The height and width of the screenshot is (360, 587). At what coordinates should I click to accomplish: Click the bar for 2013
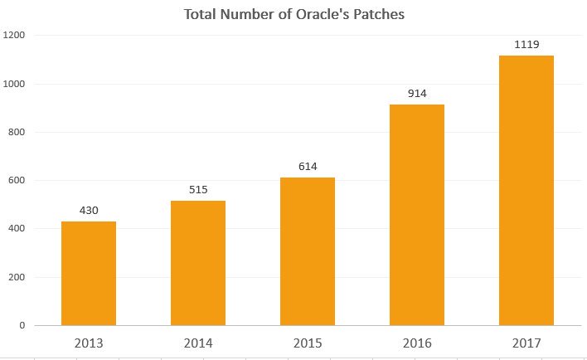(89, 273)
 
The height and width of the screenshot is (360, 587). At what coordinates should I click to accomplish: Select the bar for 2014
(198, 262)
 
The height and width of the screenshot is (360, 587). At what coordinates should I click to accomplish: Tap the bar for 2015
(308, 251)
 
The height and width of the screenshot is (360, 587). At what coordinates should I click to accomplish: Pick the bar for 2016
(417, 214)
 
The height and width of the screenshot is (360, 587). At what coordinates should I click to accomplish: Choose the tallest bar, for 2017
(526, 190)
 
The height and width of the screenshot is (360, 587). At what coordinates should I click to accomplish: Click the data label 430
(89, 211)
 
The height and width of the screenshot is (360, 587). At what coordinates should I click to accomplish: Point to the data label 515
(198, 190)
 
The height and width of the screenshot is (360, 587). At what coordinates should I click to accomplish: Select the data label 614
(308, 166)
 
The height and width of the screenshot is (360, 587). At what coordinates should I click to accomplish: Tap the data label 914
(417, 94)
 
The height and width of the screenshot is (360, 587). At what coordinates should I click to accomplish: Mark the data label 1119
(526, 44)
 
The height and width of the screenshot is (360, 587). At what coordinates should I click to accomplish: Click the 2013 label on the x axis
(89, 342)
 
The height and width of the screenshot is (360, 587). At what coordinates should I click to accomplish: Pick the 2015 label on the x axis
(308, 342)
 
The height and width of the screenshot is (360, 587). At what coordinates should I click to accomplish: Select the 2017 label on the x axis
(526, 342)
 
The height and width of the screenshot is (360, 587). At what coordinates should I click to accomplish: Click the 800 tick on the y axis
(17, 133)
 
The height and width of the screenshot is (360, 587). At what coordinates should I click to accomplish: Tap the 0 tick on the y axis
(22, 326)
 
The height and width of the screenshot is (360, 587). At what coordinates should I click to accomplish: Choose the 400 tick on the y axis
(17, 229)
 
